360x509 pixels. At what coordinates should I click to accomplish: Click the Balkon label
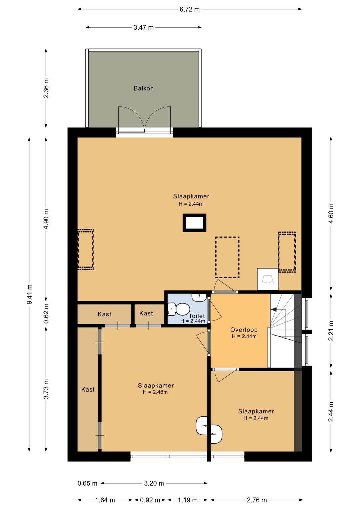(144, 88)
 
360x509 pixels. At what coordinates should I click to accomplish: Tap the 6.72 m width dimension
(190, 9)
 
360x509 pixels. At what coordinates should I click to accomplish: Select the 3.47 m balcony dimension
(144, 27)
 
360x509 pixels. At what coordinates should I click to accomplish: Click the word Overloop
(244, 330)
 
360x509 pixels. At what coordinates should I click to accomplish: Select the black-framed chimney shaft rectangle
(194, 223)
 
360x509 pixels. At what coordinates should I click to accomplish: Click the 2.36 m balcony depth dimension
(46, 88)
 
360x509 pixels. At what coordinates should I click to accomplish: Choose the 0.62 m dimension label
(46, 313)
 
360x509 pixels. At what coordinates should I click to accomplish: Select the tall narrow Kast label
(88, 390)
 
